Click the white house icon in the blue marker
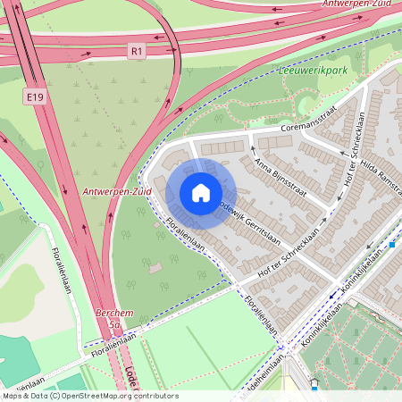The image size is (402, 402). click(x=201, y=193)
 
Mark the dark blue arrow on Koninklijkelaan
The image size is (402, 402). click(x=332, y=295)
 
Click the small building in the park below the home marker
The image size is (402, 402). click(x=155, y=267)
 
